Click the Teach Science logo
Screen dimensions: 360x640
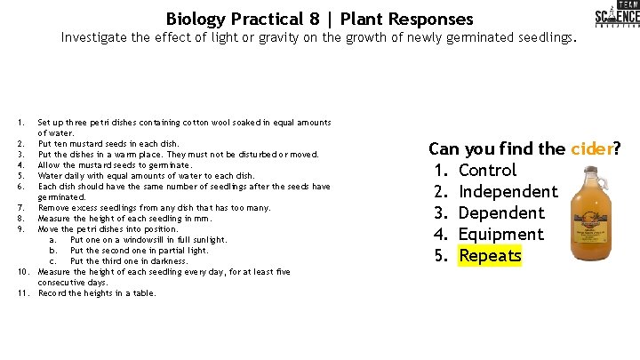(616, 17)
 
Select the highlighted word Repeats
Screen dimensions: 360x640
(491, 256)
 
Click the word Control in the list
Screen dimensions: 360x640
(487, 170)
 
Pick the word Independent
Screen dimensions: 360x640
(508, 191)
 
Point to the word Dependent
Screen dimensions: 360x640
(501, 212)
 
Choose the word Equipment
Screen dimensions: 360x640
(500, 235)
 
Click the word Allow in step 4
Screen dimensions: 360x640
(50, 165)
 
